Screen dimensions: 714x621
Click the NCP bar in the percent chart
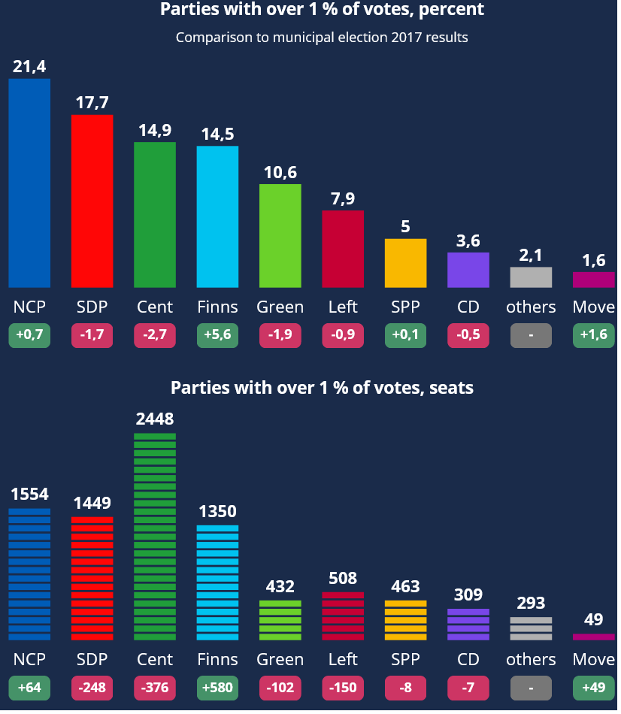pyautogui.click(x=29, y=183)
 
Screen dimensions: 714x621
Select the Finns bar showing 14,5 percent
pyautogui.click(x=217, y=216)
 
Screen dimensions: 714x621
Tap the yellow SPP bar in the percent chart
pyautogui.click(x=405, y=263)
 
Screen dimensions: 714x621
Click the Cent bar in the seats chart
pyautogui.click(x=155, y=537)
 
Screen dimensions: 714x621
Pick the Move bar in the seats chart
pyautogui.click(x=593, y=637)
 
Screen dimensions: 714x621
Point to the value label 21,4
pyautogui.click(x=29, y=67)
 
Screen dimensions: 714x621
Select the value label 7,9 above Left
pyautogui.click(x=343, y=199)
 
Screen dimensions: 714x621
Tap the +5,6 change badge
pyautogui.click(x=217, y=335)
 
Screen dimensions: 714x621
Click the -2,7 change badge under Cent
pyautogui.click(x=155, y=335)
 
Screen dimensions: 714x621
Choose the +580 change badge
pyautogui.click(x=217, y=688)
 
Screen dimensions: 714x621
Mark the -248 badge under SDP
pyautogui.click(x=92, y=688)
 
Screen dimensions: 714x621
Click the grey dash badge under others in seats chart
pyautogui.click(x=531, y=688)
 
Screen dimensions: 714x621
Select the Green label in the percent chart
pyautogui.click(x=280, y=307)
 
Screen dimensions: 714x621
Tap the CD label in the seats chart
pyautogui.click(x=468, y=659)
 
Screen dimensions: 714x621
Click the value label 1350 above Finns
pyautogui.click(x=217, y=512)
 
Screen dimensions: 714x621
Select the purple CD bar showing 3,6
pyautogui.click(x=468, y=270)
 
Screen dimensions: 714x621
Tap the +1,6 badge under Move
pyautogui.click(x=593, y=335)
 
